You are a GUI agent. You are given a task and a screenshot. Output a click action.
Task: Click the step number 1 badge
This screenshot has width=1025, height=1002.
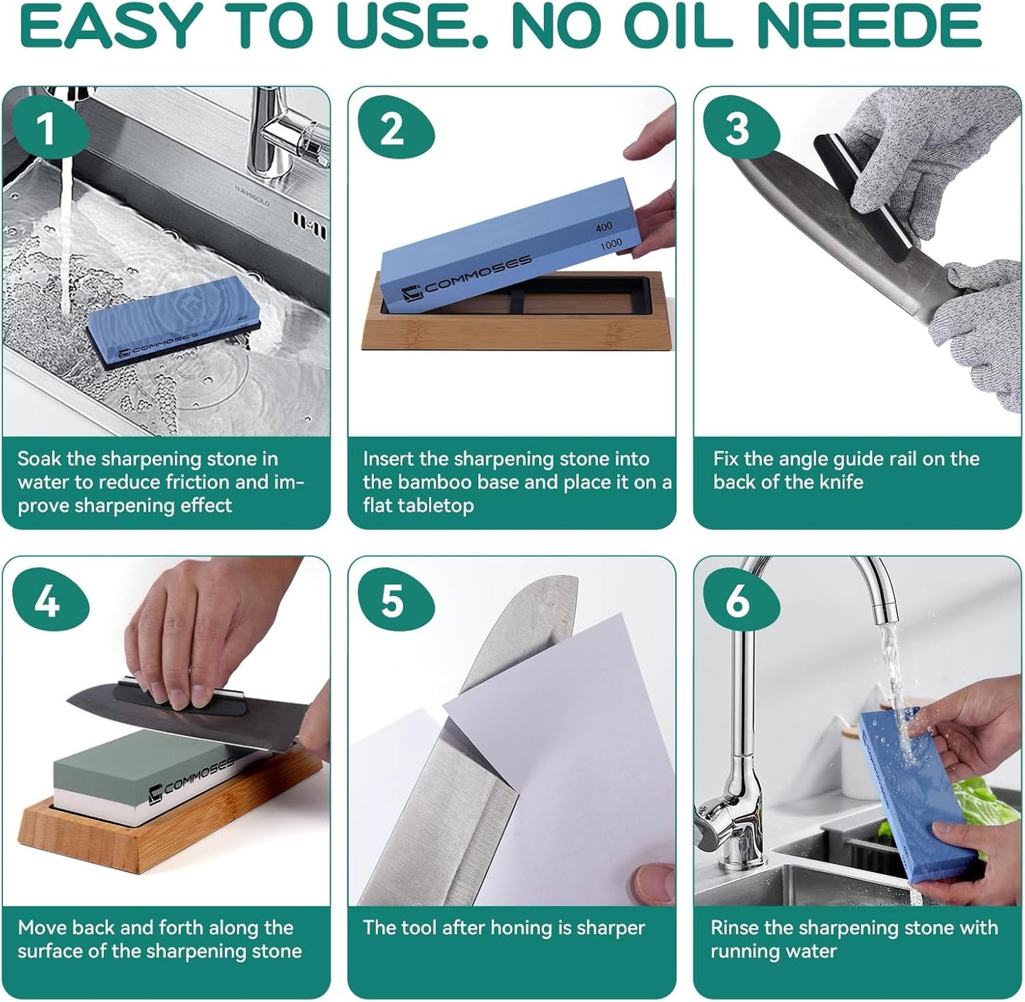click(x=47, y=129)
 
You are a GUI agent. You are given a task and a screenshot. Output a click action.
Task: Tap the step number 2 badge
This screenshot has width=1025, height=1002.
click(x=392, y=129)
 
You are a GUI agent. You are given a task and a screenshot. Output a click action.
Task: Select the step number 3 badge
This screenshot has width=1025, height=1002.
click(x=737, y=129)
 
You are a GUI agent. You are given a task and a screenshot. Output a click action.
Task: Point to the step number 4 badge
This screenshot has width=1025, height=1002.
click(x=47, y=602)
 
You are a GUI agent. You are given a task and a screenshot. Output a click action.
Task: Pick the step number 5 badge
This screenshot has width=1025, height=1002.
click(x=392, y=602)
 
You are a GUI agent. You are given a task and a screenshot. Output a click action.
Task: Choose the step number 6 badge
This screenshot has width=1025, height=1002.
click(x=737, y=602)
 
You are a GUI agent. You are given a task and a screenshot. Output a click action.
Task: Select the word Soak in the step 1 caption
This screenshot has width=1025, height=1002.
click(x=40, y=459)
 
